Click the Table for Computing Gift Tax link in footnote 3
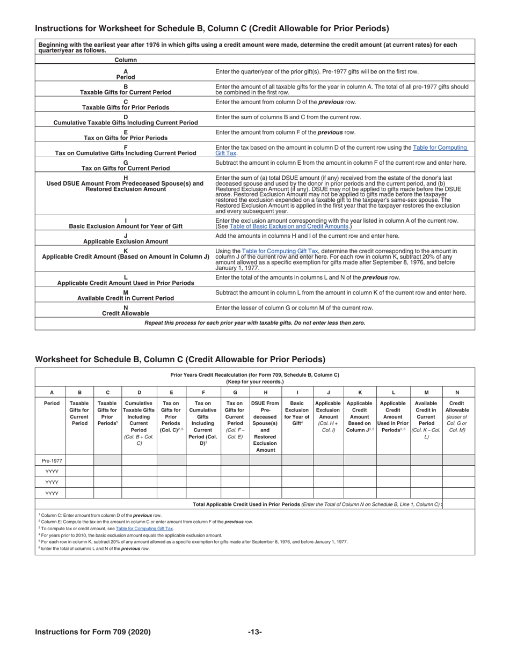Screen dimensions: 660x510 [x=144, y=529]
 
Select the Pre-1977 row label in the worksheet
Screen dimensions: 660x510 [x=52, y=460]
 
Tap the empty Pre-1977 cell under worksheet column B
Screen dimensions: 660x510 [x=79, y=460]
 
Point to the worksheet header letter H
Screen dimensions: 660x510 [x=265, y=392]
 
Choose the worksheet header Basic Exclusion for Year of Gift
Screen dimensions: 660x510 [x=297, y=413]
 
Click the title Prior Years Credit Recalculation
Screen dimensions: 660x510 [x=254, y=375]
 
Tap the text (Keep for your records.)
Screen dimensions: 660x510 [x=254, y=382]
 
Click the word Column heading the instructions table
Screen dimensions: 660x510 [x=126, y=60]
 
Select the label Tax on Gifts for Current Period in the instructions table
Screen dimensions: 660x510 [x=126, y=168]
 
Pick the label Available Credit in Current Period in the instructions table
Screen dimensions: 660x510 [x=126, y=298]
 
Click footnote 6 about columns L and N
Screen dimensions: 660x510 [x=94, y=548]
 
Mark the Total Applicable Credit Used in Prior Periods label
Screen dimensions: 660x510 [x=317, y=504]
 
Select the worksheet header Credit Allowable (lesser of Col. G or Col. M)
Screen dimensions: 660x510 [x=458, y=413]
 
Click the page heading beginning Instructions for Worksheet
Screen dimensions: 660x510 [x=212, y=28]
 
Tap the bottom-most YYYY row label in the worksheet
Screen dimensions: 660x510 [x=52, y=493]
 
